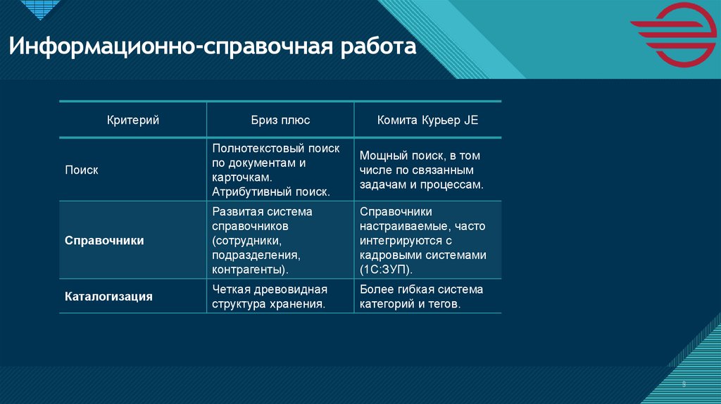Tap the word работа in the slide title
tap(379, 49)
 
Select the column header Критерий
tap(133, 120)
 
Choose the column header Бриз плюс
tap(280, 120)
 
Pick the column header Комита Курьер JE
tap(427, 120)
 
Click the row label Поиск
tap(82, 170)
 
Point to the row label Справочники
tap(104, 241)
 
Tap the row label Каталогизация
tap(108, 296)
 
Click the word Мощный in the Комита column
tap(381, 156)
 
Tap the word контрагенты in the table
tap(250, 270)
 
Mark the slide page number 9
tap(684, 384)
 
